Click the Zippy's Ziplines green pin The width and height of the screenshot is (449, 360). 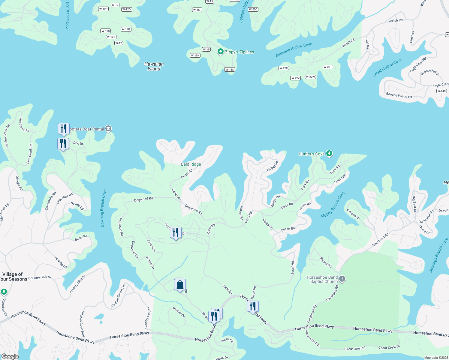[x=220, y=52]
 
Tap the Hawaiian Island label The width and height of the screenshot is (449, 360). [x=154, y=66]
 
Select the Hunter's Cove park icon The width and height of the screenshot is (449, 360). [x=329, y=154]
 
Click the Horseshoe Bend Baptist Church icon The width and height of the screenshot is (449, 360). [x=342, y=279]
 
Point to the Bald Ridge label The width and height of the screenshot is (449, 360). [x=191, y=164]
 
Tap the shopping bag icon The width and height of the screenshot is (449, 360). [x=180, y=285]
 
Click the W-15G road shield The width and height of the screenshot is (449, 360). [x=230, y=70]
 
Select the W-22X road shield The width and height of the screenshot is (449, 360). [x=284, y=68]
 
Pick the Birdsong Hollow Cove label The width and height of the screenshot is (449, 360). [x=294, y=50]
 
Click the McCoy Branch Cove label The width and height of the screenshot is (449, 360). [x=333, y=205]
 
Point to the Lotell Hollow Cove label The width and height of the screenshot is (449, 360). [x=387, y=67]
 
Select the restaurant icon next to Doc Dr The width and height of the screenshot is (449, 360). [x=63, y=143]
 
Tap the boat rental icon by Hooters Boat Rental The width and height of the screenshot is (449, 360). [x=108, y=129]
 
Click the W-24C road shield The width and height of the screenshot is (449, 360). [x=441, y=91]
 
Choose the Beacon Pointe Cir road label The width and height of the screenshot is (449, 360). [x=399, y=96]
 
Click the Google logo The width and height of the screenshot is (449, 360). [x=10, y=356]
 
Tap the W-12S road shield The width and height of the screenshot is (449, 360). [x=106, y=31]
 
